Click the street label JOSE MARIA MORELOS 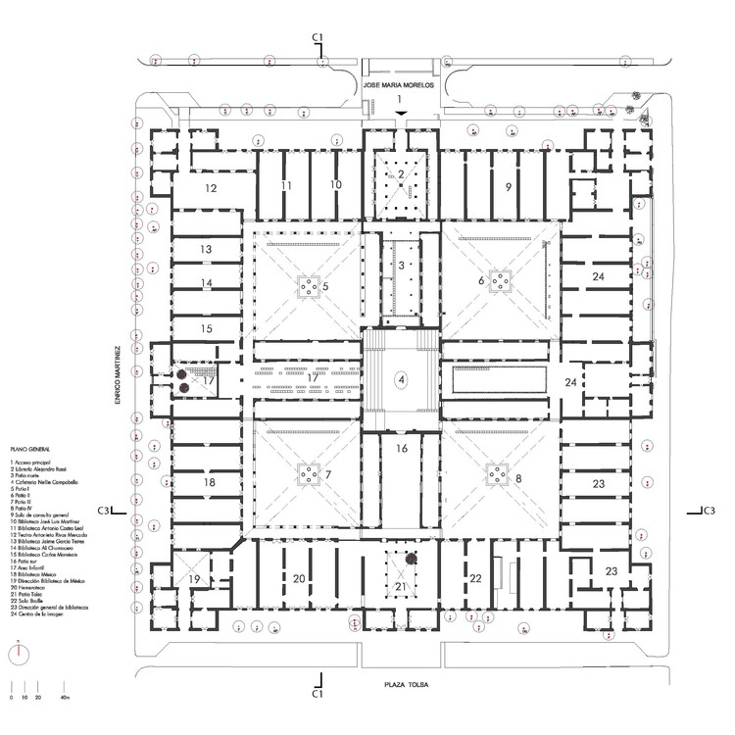399,86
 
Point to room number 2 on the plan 400,174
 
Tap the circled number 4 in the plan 400,378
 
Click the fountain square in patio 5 309,285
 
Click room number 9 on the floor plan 508,186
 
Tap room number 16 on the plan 400,449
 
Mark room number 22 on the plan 477,579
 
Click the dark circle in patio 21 413,559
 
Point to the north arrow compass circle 21,652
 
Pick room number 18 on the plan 209,482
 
